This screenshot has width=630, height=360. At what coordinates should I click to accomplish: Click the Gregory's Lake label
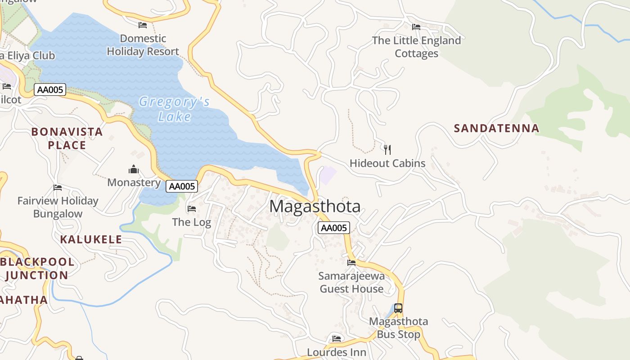point(174,109)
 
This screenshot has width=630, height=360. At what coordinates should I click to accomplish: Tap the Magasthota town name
point(315,207)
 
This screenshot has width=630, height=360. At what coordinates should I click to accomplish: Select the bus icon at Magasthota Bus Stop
point(398,308)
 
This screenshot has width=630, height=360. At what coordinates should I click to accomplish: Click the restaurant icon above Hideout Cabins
point(387,149)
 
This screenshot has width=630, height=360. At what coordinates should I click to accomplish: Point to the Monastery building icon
point(134,170)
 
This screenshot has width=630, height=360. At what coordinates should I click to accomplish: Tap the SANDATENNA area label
point(496,128)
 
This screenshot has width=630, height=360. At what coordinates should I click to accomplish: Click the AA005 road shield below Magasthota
point(333,228)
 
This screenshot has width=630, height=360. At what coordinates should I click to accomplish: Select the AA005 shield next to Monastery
point(182,186)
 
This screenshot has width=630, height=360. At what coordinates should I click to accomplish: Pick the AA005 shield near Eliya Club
point(50,90)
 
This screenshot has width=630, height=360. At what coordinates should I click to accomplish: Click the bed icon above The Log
point(191,209)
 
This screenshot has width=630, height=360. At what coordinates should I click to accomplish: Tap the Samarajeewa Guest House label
point(351,282)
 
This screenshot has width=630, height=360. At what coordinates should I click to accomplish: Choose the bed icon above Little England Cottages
point(416,27)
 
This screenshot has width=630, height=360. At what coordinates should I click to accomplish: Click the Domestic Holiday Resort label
point(143,45)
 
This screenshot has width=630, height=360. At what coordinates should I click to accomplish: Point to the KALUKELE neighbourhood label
point(91,239)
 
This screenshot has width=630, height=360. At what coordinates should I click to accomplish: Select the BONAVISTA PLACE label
point(67,138)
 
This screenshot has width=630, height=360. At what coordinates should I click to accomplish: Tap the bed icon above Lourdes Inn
point(337,338)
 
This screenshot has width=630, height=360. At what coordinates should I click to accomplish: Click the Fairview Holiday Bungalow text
point(58,207)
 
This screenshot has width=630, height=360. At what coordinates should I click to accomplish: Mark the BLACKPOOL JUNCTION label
point(37,268)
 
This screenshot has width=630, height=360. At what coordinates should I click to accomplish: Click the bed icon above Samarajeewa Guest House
point(351,262)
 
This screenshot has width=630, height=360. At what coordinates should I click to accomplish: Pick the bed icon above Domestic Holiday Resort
point(143,25)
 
